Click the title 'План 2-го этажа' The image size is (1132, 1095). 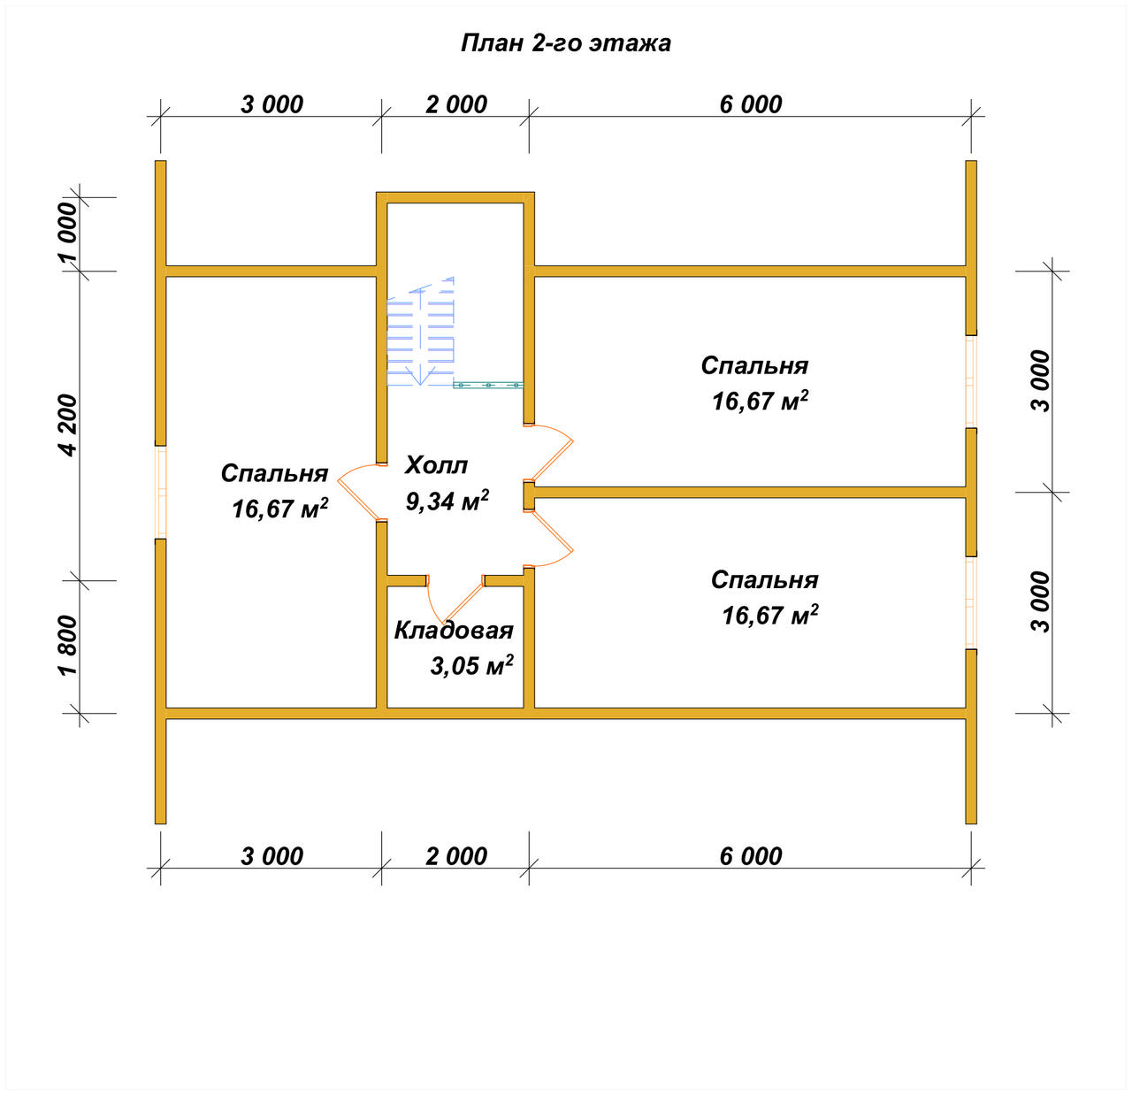click(565, 43)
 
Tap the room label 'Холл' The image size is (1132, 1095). click(436, 465)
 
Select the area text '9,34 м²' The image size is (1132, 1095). click(447, 501)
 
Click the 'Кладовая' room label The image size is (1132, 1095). click(454, 631)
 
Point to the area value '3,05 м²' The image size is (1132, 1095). click(471, 665)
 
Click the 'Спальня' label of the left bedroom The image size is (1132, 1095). click(274, 473)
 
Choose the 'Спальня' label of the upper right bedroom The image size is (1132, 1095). click(754, 365)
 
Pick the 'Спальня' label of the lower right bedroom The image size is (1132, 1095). click(764, 579)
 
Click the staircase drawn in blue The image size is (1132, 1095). click(420, 332)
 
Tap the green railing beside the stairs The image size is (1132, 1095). click(488, 385)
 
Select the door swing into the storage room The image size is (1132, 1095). click(455, 600)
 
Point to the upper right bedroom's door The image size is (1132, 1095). click(548, 453)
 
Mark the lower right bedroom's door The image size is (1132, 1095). click(548, 538)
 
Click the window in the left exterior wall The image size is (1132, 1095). click(161, 493)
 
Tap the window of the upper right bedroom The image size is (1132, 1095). click(971, 382)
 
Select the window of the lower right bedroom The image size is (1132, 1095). click(971, 602)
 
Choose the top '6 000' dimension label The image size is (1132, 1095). click(751, 104)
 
